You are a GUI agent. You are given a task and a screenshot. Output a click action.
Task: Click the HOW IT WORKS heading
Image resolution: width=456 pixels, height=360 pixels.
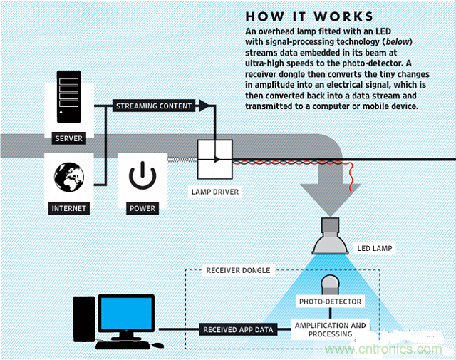309,16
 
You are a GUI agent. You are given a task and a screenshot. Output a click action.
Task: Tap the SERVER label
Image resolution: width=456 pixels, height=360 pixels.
69,139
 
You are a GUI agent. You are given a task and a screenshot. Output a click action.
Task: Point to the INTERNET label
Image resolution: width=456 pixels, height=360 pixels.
69,208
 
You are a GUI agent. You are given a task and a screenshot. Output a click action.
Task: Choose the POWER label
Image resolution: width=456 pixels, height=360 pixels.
142,208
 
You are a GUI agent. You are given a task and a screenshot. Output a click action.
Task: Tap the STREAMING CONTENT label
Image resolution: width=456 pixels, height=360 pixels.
154,106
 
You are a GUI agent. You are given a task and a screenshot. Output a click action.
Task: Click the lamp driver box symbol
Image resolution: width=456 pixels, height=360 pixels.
214,159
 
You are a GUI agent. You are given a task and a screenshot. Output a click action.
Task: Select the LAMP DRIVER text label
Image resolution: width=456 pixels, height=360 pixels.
215,192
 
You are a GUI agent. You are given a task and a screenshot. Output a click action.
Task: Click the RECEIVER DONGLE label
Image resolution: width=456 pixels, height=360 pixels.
238,271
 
